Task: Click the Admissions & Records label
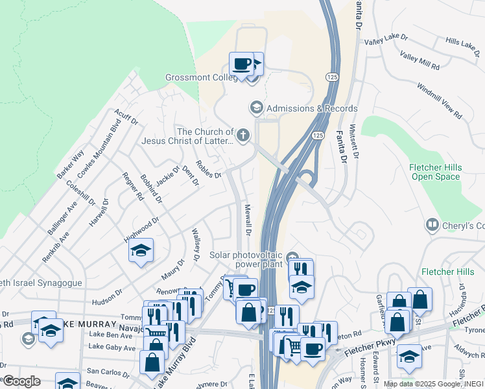[x=311, y=108]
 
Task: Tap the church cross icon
[x=243, y=136]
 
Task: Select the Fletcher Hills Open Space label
[x=434, y=172]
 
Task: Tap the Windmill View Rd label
[x=440, y=100]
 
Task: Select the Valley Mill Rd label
[x=420, y=62]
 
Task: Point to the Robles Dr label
[x=208, y=169]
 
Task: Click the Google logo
[x=21, y=381]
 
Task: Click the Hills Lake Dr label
[x=461, y=43]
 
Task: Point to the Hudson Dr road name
[x=107, y=296]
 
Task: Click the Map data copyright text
[x=433, y=384]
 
